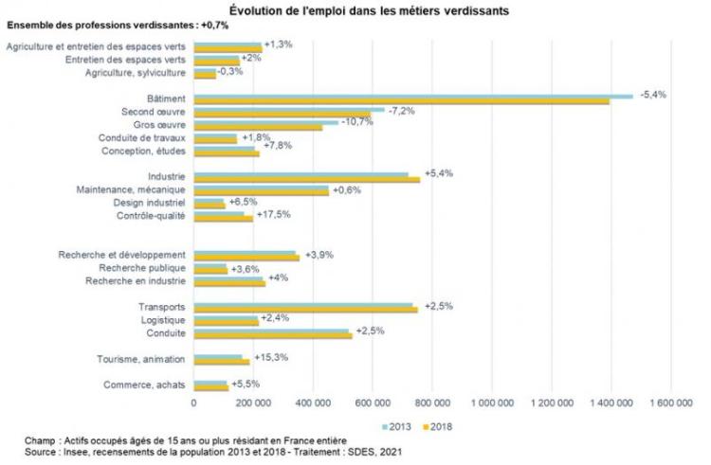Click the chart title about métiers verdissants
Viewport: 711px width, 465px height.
click(x=355, y=10)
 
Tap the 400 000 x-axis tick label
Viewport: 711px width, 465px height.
click(x=314, y=402)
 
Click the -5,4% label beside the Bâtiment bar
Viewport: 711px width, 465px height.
click(x=654, y=95)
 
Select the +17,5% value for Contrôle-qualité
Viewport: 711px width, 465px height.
click(x=273, y=215)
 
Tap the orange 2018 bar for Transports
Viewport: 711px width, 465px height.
click(x=446, y=309)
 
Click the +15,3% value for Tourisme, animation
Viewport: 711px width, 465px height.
click(x=271, y=357)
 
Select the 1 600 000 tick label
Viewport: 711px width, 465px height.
click(x=671, y=402)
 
